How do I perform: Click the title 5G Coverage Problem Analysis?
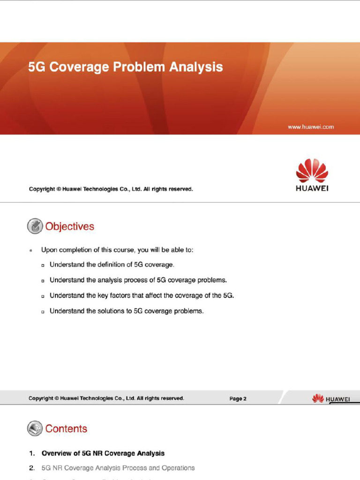click(x=125, y=67)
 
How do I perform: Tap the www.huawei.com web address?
click(x=311, y=127)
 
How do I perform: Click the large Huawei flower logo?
click(x=312, y=171)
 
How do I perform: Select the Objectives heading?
click(x=69, y=227)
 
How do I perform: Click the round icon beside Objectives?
click(x=35, y=226)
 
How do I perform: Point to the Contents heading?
click(x=66, y=429)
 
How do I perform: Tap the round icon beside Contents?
click(x=35, y=428)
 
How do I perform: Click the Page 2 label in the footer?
click(x=238, y=399)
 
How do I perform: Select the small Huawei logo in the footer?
click(x=331, y=399)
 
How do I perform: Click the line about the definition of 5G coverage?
click(x=112, y=265)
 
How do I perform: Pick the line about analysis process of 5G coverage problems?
click(x=138, y=280)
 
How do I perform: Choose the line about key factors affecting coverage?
click(x=141, y=296)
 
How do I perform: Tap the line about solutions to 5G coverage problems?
click(x=127, y=311)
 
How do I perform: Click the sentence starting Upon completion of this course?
click(x=117, y=250)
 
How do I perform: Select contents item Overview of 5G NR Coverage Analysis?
click(x=103, y=454)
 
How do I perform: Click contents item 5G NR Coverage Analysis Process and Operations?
click(x=118, y=468)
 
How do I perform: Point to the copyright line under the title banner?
click(x=111, y=189)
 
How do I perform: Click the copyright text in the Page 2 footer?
click(x=106, y=398)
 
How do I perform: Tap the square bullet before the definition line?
click(x=43, y=266)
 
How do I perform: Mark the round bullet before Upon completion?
click(x=31, y=250)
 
